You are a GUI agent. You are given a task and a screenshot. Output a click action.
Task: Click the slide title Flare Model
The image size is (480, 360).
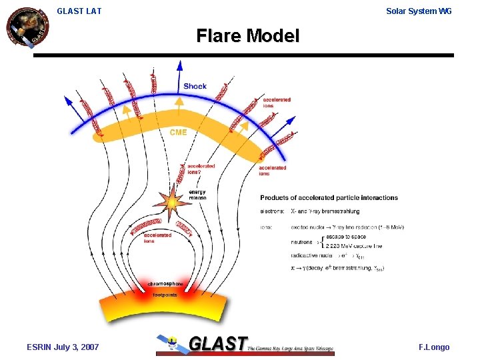(x=247, y=35)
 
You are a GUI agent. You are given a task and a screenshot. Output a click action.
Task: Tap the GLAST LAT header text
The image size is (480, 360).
(x=79, y=11)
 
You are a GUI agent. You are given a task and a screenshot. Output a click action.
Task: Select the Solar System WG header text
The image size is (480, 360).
(x=419, y=11)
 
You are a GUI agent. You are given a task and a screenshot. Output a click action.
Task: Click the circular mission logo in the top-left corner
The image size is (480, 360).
(x=27, y=27)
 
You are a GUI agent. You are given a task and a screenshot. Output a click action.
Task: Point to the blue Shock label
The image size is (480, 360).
(x=195, y=86)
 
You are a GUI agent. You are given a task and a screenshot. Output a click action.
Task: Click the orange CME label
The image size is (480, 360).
(x=178, y=132)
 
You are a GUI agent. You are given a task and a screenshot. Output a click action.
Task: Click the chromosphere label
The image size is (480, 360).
(x=165, y=284)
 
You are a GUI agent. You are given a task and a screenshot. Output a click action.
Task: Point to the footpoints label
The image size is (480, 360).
(x=165, y=294)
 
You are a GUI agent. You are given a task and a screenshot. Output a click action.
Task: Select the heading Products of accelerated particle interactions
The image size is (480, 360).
(x=329, y=197)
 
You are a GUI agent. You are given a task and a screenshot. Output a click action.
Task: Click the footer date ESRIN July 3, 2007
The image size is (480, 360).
(x=63, y=347)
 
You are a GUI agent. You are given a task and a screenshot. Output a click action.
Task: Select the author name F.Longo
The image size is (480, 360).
(x=434, y=347)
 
